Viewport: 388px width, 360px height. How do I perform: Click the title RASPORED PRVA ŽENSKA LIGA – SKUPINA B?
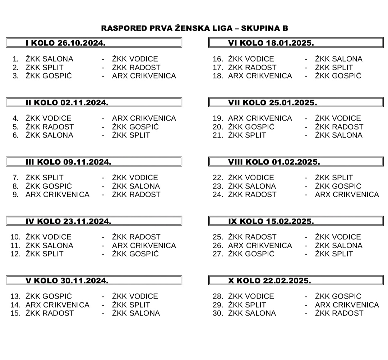(194, 28)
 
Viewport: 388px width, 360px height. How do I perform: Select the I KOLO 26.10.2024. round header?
(65, 43)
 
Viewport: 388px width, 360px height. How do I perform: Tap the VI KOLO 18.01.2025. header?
(271, 43)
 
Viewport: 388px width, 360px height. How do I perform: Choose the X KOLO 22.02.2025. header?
(269, 281)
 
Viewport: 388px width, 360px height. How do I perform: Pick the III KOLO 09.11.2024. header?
(68, 162)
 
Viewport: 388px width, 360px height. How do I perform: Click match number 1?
(15, 59)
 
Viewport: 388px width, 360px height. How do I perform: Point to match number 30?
(218, 313)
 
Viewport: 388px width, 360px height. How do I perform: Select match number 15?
(15, 313)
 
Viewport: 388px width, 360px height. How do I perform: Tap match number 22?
(218, 178)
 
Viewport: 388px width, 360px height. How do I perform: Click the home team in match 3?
(48, 76)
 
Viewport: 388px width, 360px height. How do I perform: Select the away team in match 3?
(144, 76)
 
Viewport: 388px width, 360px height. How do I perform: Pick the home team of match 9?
(57, 195)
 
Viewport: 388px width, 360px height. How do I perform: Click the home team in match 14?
(57, 305)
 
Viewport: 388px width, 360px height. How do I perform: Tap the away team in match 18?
(338, 76)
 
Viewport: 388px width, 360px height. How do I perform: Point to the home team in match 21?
(247, 135)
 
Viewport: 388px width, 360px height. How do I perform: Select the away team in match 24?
(347, 195)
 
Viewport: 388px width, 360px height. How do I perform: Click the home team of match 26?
(260, 246)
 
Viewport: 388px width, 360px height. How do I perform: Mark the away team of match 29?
(347, 305)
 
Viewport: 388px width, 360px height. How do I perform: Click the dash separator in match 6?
(103, 135)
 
